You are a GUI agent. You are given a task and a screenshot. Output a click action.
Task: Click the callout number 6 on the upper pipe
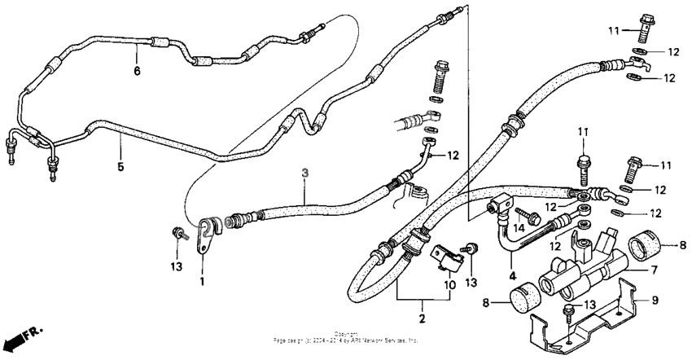click(x=137, y=72)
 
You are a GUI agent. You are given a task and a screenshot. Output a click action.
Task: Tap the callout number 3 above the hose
click(x=304, y=173)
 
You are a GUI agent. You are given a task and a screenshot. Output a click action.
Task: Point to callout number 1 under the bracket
click(x=203, y=282)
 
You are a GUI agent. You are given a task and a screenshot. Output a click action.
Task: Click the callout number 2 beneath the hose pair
click(x=422, y=316)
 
